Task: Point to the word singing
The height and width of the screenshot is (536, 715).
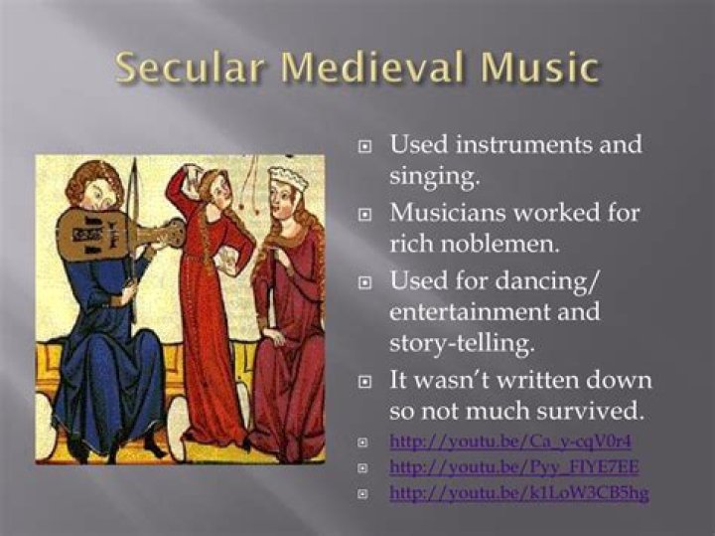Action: tap(434, 176)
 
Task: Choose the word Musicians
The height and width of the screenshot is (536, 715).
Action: tap(448, 213)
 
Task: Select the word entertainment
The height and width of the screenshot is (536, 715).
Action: tap(469, 312)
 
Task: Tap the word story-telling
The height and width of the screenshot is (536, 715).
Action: tap(462, 343)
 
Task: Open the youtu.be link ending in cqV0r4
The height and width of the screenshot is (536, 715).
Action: tap(510, 442)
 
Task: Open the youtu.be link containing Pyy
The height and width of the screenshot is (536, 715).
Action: tap(514, 466)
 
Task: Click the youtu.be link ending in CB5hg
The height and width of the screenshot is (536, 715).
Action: tap(519, 492)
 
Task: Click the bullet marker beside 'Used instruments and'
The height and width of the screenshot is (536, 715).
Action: tap(363, 146)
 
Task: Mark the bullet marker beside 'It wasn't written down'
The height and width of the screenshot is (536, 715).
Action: tap(363, 383)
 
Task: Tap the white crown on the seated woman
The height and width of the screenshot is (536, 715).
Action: tap(288, 179)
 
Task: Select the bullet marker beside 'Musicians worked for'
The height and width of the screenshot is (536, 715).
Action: tap(363, 214)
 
